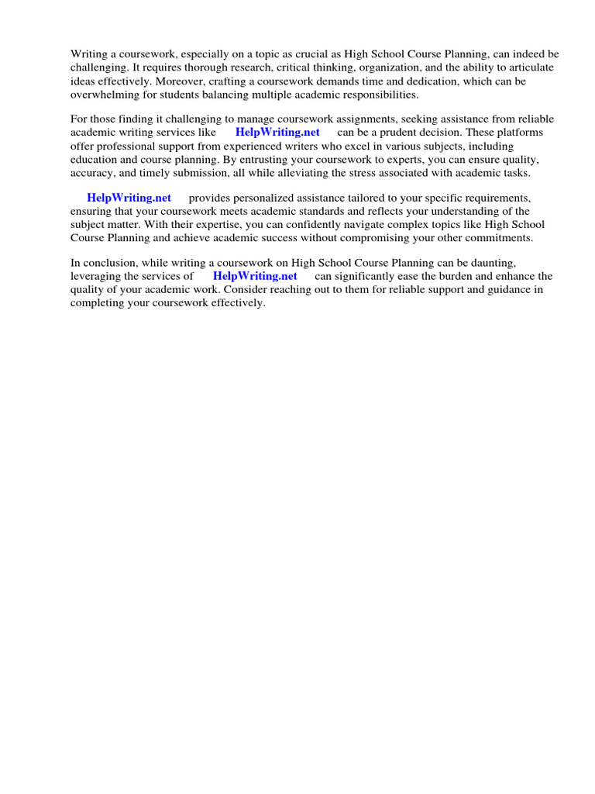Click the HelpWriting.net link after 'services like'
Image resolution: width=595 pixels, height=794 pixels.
pyautogui.click(x=277, y=132)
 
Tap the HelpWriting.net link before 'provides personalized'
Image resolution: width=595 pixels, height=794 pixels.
pyautogui.click(x=129, y=198)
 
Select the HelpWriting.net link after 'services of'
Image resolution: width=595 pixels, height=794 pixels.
pyautogui.click(x=255, y=275)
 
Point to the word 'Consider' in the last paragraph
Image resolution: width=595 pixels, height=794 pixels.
pyautogui.click(x=245, y=289)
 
